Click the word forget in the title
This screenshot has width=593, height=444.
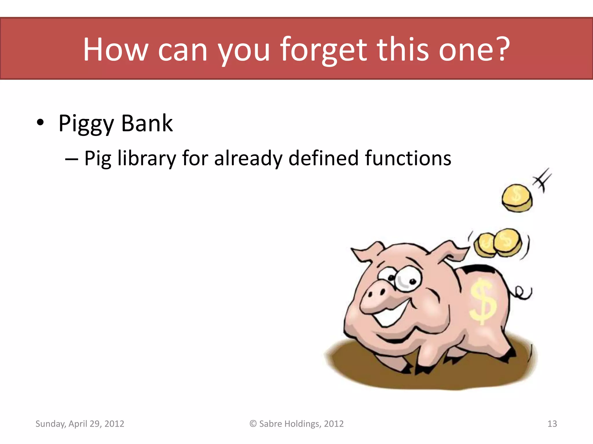pos(323,50)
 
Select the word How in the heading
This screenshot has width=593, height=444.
pos(115,50)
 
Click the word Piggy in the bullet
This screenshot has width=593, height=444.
pos(86,124)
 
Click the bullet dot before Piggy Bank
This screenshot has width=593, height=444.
pos(40,123)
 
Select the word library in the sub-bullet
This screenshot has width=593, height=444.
pos(147,158)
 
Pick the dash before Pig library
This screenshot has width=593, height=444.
pos(71,159)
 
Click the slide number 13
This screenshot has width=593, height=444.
pos(552,424)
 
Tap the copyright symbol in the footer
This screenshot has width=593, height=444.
pos(253,424)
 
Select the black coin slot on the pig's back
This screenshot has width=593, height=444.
pos(479,269)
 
